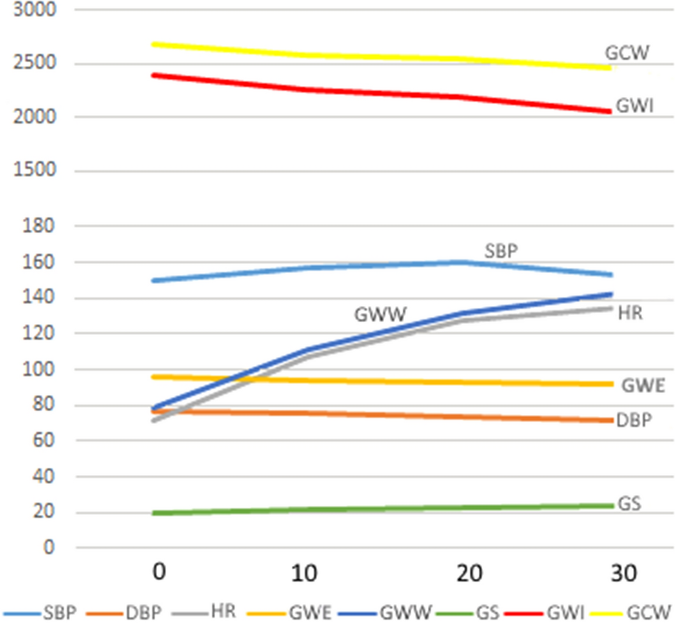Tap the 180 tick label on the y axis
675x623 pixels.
[x=34, y=227]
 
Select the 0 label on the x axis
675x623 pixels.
[x=160, y=574]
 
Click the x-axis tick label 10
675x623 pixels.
[x=305, y=574]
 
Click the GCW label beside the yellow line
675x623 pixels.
[x=628, y=53]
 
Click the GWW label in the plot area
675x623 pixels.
[x=380, y=315]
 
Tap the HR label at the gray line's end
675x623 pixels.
[x=630, y=314]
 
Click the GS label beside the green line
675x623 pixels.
[x=629, y=504]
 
